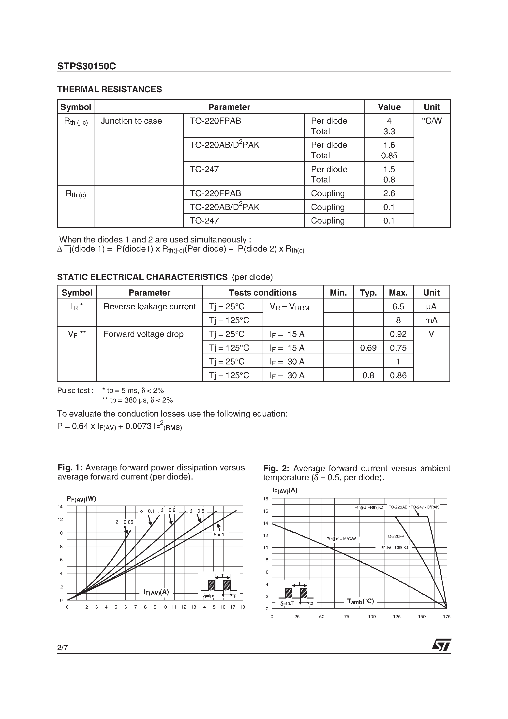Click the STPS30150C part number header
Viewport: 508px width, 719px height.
click(87, 66)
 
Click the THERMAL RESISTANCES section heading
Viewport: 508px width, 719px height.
click(109, 90)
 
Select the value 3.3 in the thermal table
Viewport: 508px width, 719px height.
click(389, 132)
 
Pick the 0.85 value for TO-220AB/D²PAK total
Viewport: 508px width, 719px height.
click(389, 156)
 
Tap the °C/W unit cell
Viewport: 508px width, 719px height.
click(432, 121)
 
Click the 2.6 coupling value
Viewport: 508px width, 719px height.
click(389, 194)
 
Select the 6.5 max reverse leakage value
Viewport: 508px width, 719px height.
click(398, 307)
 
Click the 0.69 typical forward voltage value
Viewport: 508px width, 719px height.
click(368, 348)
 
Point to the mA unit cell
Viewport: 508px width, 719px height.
click(431, 320)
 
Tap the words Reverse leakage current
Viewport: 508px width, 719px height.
click(149, 307)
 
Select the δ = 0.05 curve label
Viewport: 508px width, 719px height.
click(124, 522)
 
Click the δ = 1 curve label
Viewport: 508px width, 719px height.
click(219, 535)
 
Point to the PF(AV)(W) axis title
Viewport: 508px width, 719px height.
click(81, 499)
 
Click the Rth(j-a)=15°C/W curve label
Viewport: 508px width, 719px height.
click(341, 539)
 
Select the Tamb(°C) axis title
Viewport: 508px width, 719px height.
click(360, 601)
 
